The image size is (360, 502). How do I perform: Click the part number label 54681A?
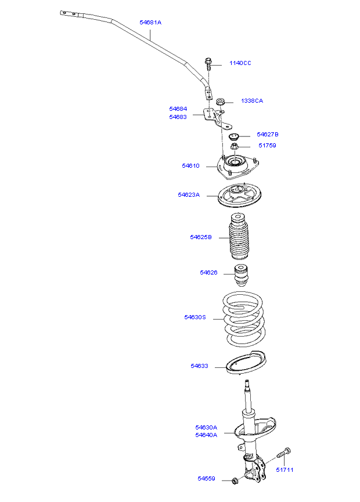[x=150, y=23]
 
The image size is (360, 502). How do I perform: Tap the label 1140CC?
[x=240, y=63]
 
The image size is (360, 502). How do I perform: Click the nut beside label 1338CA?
[x=220, y=102]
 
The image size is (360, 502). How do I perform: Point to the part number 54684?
[x=178, y=109]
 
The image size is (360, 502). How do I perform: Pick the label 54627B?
[x=268, y=135]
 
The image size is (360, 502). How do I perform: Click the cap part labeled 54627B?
[x=234, y=137]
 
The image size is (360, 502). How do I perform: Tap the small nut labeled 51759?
[x=235, y=147]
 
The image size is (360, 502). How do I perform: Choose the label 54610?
[x=190, y=166]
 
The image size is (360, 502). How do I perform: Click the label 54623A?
[x=189, y=194]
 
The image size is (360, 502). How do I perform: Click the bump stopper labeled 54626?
[x=241, y=276]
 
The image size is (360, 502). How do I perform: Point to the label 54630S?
[x=195, y=317]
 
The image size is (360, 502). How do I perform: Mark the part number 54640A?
[x=206, y=435]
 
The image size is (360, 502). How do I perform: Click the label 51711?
[x=285, y=470]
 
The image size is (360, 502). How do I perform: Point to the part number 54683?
[x=178, y=117]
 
